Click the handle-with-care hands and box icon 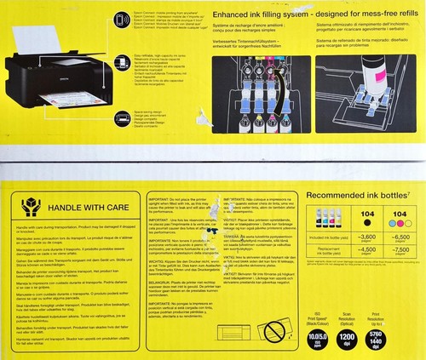tap(32, 205)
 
